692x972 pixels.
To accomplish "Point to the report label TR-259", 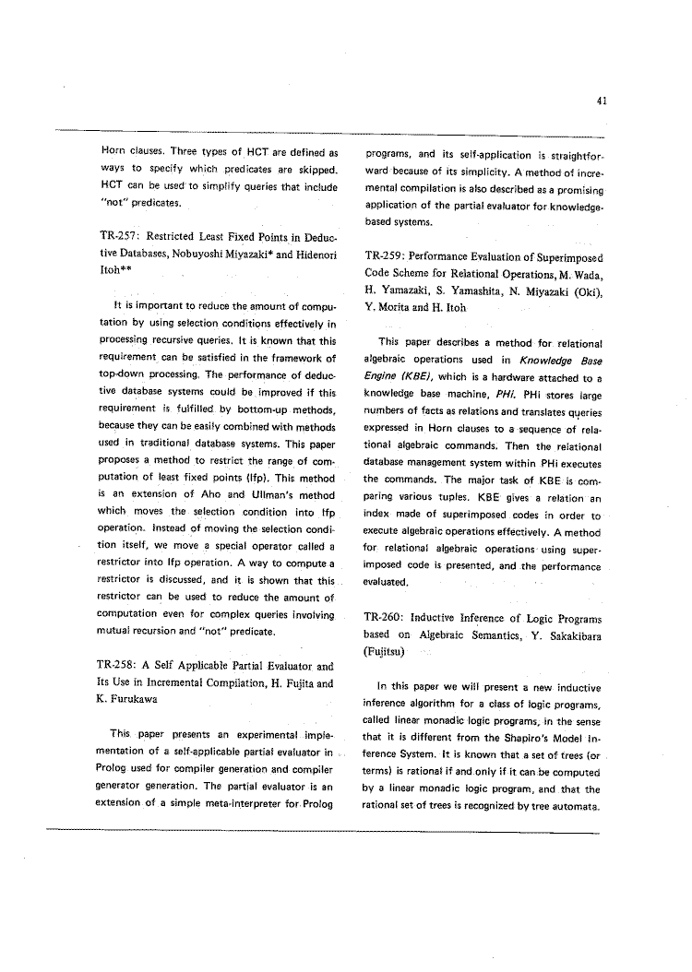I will (387, 255).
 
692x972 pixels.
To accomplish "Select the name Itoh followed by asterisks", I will (117, 270).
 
